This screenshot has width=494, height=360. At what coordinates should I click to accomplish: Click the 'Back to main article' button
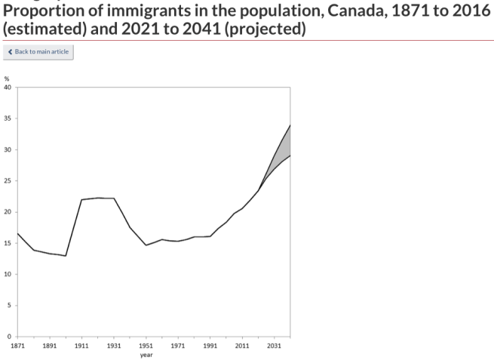pyautogui.click(x=38, y=51)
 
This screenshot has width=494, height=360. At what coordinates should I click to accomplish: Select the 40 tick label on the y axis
pyautogui.click(x=8, y=87)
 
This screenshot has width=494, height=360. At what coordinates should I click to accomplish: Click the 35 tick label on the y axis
pyautogui.click(x=8, y=118)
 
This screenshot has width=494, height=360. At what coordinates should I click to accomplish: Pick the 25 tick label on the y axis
pyautogui.click(x=8, y=180)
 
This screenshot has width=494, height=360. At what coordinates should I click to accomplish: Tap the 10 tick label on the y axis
pyautogui.click(x=8, y=274)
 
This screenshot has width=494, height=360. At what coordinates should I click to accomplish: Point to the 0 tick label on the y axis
pyautogui.click(x=10, y=337)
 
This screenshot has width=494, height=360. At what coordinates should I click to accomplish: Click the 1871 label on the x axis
pyautogui.click(x=17, y=345)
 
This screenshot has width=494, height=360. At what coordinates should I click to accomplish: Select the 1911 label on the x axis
pyautogui.click(x=81, y=345)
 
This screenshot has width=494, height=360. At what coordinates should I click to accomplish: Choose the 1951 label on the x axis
pyautogui.click(x=146, y=345)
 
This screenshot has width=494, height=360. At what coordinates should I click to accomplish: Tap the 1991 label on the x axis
pyautogui.click(x=210, y=345)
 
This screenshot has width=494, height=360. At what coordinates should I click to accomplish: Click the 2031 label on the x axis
pyautogui.click(x=274, y=345)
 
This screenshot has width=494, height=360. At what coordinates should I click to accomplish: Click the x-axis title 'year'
pyautogui.click(x=146, y=354)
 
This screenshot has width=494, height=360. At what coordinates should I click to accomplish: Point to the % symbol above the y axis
pyautogui.click(x=6, y=78)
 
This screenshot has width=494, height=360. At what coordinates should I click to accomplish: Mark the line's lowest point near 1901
pyautogui.click(x=66, y=256)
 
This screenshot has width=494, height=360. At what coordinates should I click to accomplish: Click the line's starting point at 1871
pyautogui.click(x=17, y=233)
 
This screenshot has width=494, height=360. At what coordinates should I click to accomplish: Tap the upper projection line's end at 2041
pyautogui.click(x=290, y=125)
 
